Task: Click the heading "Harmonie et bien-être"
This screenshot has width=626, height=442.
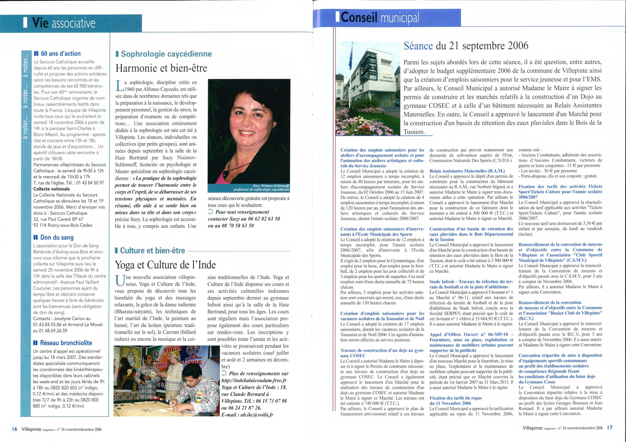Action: (x=161, y=68)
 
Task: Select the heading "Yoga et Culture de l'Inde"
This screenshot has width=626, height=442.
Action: (x=166, y=264)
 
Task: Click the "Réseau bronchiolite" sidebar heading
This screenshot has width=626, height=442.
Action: (x=66, y=343)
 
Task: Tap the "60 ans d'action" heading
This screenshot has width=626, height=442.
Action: (x=61, y=54)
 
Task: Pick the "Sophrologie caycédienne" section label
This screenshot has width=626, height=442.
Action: (x=166, y=54)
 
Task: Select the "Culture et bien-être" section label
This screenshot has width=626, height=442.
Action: (x=152, y=251)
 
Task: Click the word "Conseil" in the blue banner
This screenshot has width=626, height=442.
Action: (x=359, y=18)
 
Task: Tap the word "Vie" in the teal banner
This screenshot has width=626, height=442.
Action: (x=40, y=23)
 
